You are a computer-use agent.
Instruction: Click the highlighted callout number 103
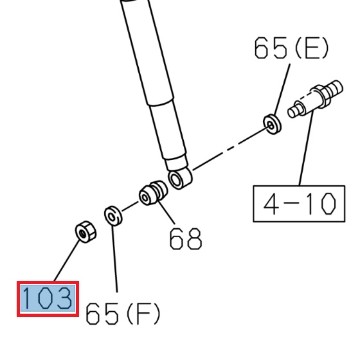click(x=48, y=299)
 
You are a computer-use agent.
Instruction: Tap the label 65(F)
click(x=123, y=313)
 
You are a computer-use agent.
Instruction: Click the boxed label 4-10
click(x=299, y=204)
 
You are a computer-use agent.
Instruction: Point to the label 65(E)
click(x=291, y=48)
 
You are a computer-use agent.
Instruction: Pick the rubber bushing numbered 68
click(x=153, y=193)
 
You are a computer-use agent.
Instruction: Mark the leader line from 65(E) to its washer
click(x=280, y=90)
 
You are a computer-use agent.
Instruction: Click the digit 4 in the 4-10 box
click(x=273, y=204)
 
